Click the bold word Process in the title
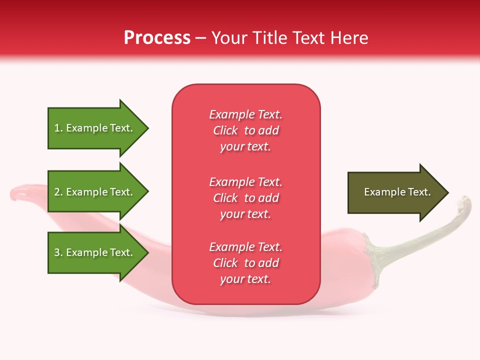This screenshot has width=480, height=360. point(157,38)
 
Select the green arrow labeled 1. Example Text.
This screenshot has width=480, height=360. point(95,128)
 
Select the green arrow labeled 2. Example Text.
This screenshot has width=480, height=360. point(95,192)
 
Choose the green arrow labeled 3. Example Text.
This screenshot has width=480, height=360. point(95,252)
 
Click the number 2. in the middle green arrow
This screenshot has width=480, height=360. point(58,192)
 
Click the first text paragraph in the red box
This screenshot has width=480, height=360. point(245,130)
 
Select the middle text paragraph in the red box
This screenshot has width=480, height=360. point(245,198)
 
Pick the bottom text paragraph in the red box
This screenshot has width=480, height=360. point(245,263)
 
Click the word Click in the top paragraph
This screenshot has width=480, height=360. point(225,130)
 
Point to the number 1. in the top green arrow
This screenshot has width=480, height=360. point(58,128)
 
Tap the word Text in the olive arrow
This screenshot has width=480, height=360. point(419,192)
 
